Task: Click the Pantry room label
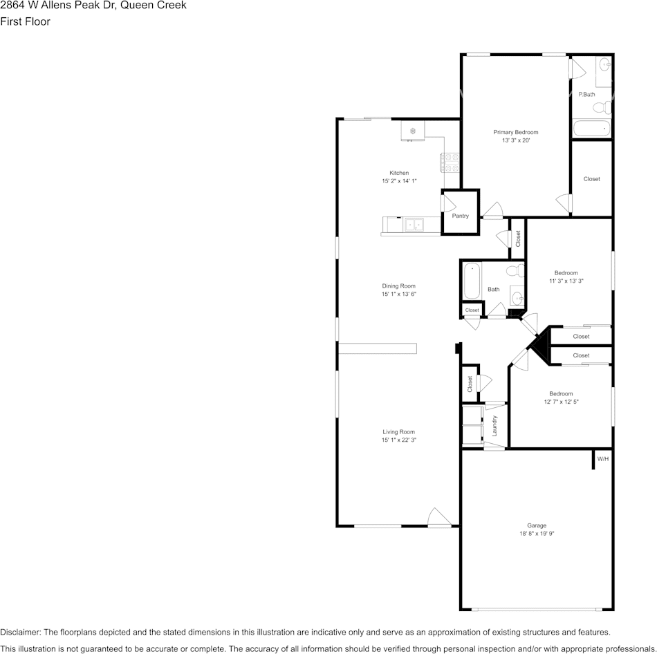tap(460, 216)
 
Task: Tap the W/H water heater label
tap(603, 459)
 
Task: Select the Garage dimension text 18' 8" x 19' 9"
tap(537, 533)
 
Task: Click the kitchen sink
tap(414, 225)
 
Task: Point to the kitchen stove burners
tap(450, 162)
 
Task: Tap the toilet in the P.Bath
tap(602, 108)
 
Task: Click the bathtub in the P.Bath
tap(591, 129)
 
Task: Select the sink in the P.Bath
tap(604, 65)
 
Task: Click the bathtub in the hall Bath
tap(472, 281)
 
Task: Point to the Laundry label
tap(494, 426)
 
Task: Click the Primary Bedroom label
tap(516, 132)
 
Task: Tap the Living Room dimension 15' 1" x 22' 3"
tap(399, 440)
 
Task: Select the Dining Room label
tap(398, 286)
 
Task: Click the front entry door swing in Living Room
tap(439, 517)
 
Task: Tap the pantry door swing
tap(448, 203)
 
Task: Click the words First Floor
tap(25, 21)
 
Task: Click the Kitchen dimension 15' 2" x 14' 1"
tap(399, 181)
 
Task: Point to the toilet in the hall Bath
tap(516, 270)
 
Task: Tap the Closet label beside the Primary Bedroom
tap(591, 179)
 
